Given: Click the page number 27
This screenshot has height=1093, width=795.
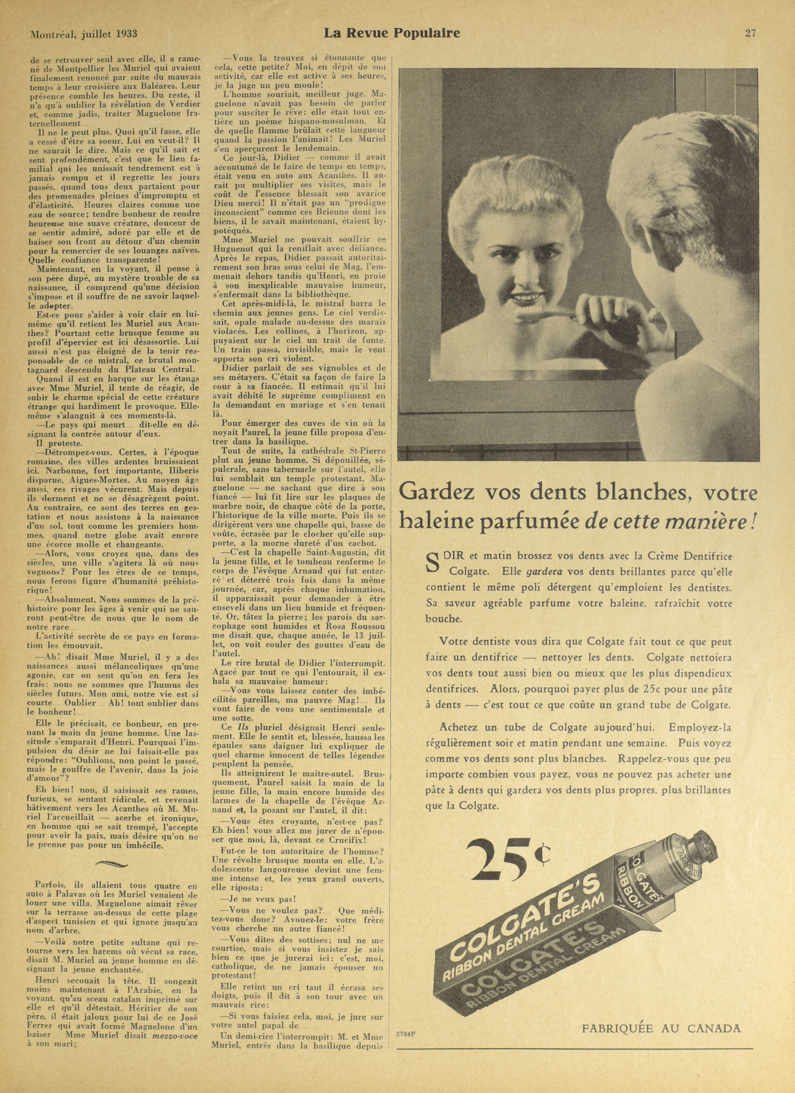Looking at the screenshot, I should pyautogui.click(x=750, y=33).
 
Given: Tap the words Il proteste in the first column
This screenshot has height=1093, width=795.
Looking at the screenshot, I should pyautogui.click(x=55, y=442).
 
